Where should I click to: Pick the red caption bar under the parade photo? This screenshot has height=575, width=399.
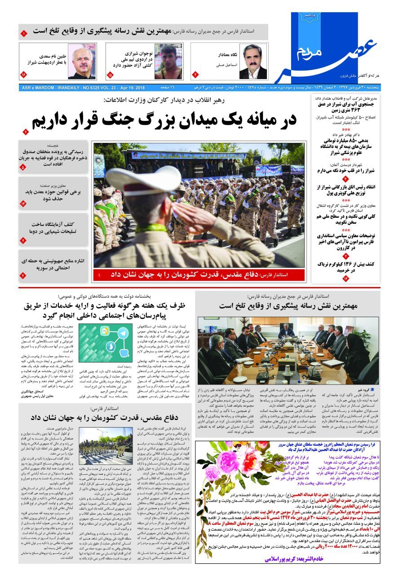198,274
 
